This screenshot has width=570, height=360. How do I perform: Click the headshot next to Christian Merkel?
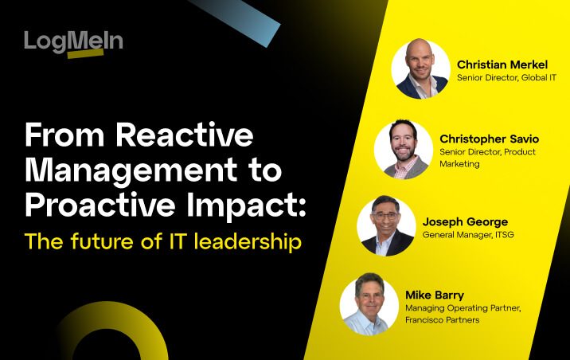tap(420, 69)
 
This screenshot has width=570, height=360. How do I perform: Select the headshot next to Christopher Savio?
tap(404, 149)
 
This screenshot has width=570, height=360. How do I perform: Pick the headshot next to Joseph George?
tap(386, 226)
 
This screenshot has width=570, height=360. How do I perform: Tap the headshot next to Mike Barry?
tap(369, 304)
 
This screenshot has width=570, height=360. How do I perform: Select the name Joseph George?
tap(466, 221)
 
